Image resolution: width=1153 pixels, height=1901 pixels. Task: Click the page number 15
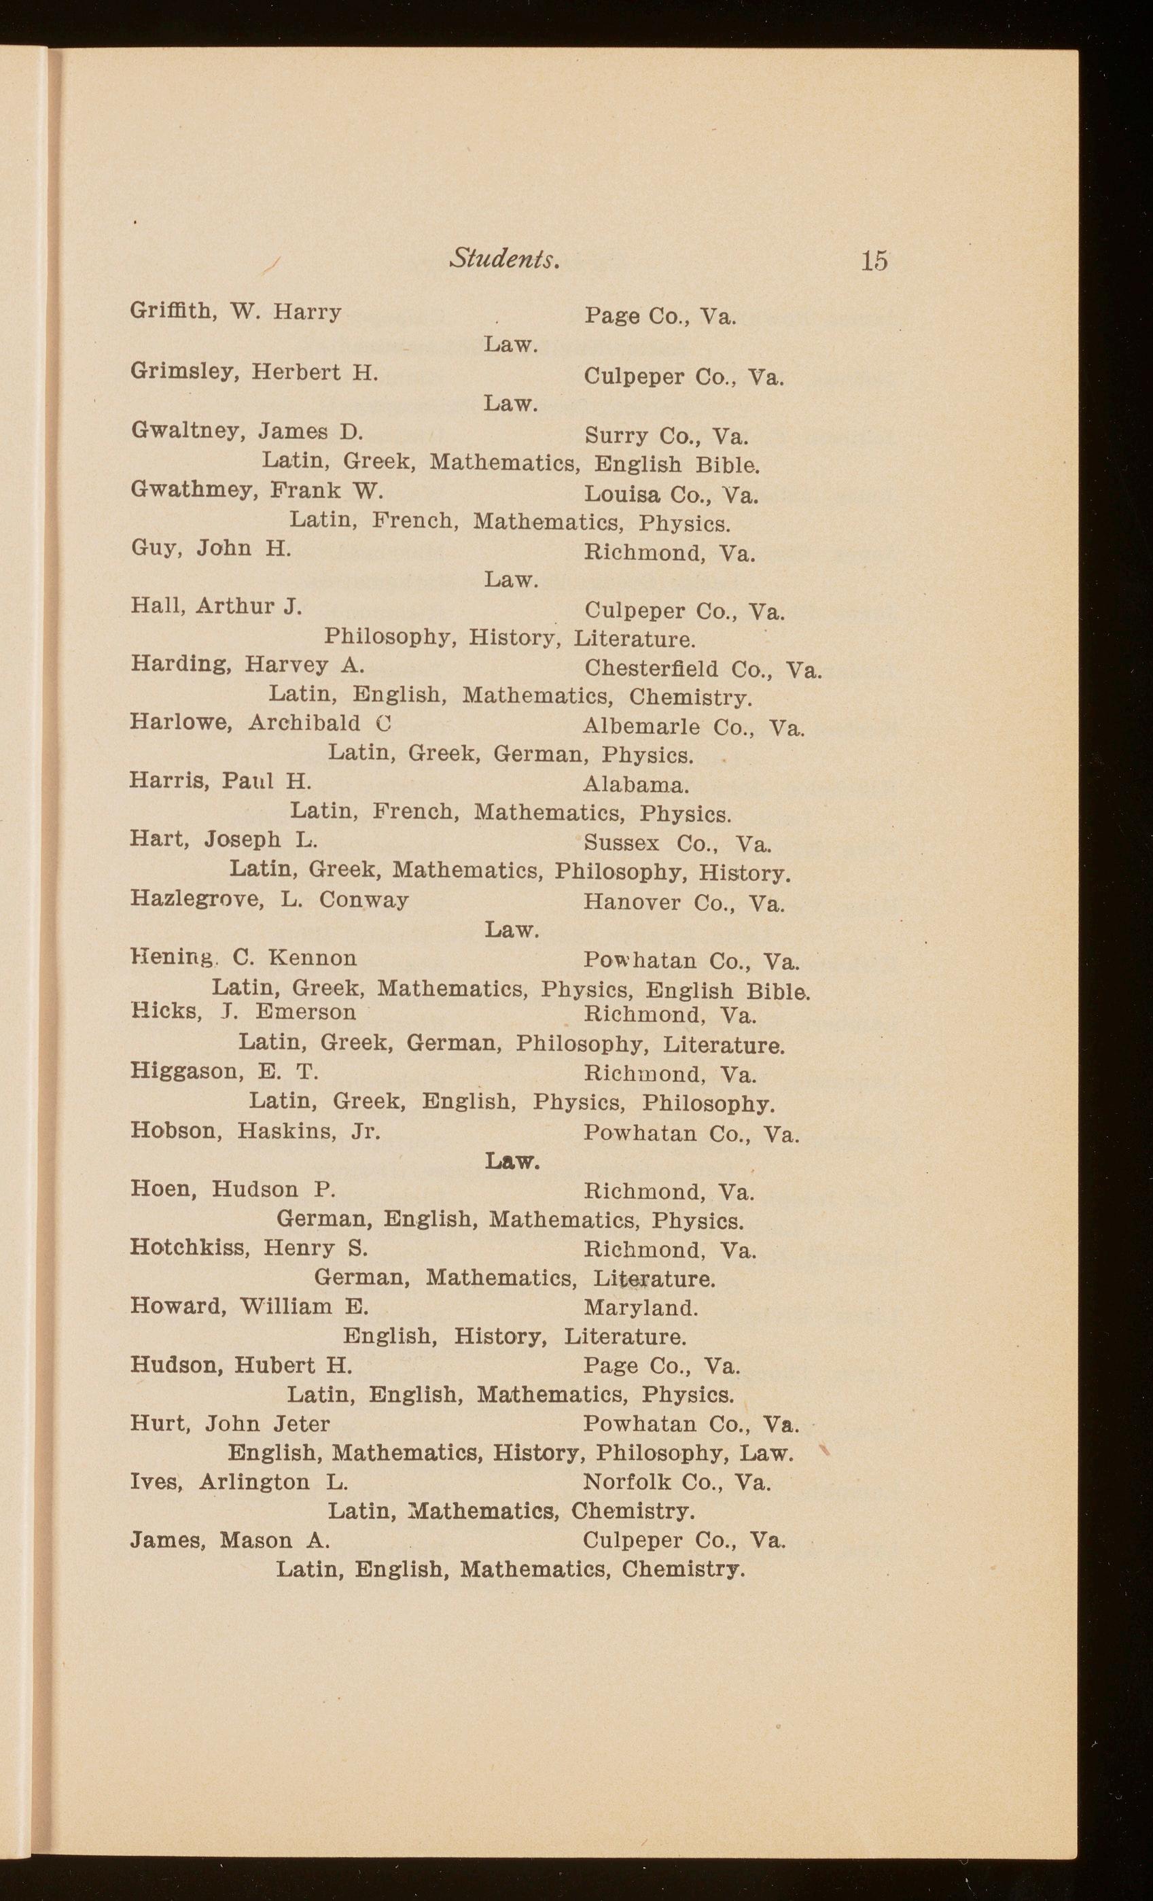click(x=874, y=260)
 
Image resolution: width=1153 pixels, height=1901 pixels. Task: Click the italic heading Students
click(x=504, y=258)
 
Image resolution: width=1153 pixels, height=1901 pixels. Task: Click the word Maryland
click(x=641, y=1308)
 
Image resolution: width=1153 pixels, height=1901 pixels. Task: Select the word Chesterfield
click(x=651, y=668)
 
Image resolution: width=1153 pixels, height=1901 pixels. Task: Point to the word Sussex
click(x=622, y=843)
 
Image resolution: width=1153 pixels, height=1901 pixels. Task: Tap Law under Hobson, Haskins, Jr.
click(x=512, y=1161)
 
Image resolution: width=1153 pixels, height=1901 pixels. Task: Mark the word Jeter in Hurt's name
click(x=300, y=1423)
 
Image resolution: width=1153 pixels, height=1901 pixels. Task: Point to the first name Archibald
click(x=304, y=724)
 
